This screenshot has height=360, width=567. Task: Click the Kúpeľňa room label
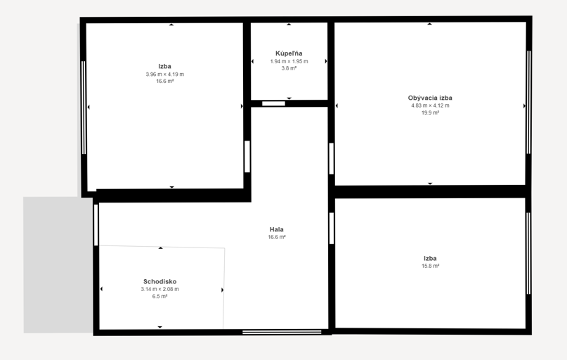pos(289,53)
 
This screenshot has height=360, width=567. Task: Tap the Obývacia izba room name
pos(430,98)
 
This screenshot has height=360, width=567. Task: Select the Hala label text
pos(277,229)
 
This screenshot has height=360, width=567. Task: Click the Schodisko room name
pos(159,281)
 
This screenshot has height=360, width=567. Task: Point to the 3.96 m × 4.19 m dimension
pos(165,74)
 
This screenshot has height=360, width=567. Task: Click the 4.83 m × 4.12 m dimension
pos(430,105)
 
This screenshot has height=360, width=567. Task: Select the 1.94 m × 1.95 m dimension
pos(289,61)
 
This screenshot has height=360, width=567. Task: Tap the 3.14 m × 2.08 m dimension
pos(159,289)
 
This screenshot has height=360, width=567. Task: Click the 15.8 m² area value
pos(430,266)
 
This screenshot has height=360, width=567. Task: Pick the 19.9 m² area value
pos(430,113)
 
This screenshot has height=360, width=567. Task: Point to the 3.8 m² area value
pos(289,68)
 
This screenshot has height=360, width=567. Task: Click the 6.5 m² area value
pos(159,296)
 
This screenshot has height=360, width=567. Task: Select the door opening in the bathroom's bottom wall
pos(273,104)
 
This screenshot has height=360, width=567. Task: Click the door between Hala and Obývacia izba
pos(331,159)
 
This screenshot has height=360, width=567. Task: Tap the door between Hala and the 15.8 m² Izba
pos(332,229)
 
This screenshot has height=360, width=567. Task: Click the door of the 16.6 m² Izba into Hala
pos(247,157)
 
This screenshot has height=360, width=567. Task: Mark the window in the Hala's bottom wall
pos(282,332)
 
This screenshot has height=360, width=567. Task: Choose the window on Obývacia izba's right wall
pos(528,103)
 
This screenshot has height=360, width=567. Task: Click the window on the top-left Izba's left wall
pos(84,108)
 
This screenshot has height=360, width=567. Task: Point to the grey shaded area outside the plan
pos(58,265)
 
